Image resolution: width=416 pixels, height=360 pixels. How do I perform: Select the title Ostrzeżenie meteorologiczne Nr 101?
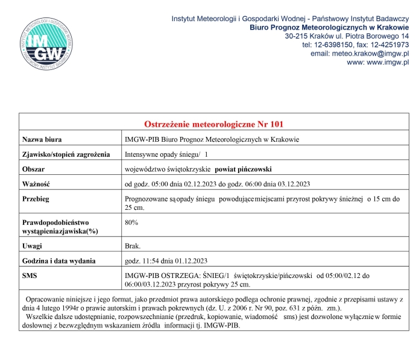tap(214, 124)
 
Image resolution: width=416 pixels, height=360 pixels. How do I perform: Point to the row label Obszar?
tap(34, 169)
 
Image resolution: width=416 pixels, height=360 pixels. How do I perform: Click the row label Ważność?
tap(37, 184)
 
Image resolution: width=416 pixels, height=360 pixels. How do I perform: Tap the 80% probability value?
tap(131, 223)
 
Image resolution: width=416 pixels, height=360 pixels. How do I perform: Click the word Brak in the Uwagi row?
tap(133, 246)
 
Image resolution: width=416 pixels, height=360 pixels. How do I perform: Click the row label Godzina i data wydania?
tap(58, 261)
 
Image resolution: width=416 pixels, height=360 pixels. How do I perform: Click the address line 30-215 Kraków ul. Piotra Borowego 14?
tap(347, 36)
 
